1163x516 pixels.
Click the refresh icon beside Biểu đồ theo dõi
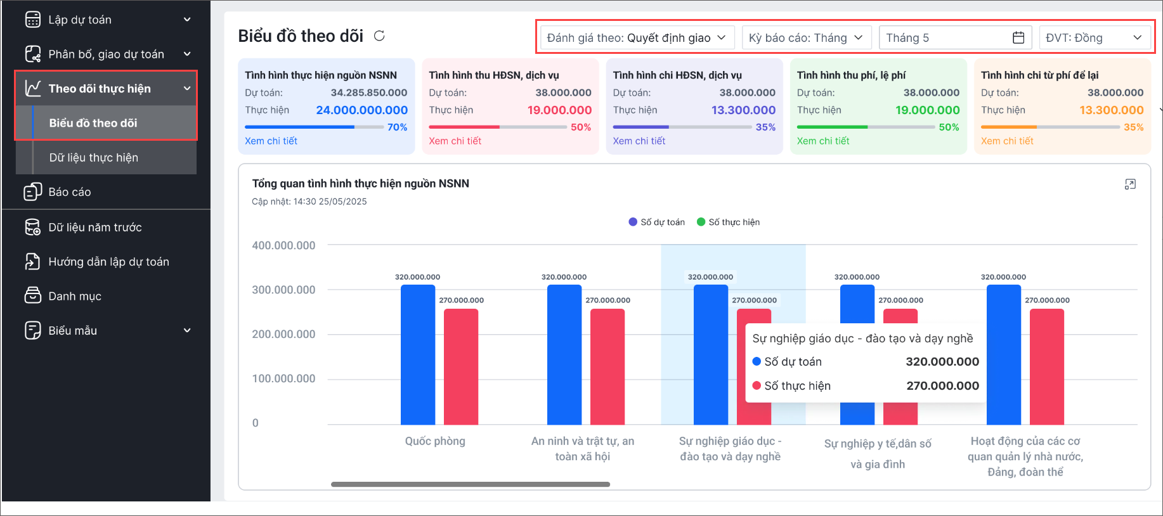pos(379,36)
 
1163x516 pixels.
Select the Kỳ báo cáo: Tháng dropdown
pos(806,38)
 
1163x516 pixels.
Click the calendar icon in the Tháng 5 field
pos(1018,38)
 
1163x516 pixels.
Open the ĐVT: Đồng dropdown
pos(1094,38)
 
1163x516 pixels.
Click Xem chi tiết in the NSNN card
pos(271,141)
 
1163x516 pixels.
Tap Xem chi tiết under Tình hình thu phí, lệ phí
pos(822,141)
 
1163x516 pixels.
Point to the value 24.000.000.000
pos(361,110)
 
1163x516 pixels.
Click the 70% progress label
pos(397,127)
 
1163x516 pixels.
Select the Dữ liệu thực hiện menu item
pos(94,158)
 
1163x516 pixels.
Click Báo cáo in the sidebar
pos(70,192)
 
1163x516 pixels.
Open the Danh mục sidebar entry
pos(75,296)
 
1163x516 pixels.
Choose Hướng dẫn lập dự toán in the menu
pos(108,262)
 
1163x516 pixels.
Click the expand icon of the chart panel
pos(1130,184)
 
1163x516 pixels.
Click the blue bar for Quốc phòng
pos(417,355)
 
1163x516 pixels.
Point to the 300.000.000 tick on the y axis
pos(283,290)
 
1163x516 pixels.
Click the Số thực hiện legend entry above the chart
pos(729,223)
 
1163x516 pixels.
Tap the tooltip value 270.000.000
pos(942,386)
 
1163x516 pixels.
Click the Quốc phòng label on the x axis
pos(435,441)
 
